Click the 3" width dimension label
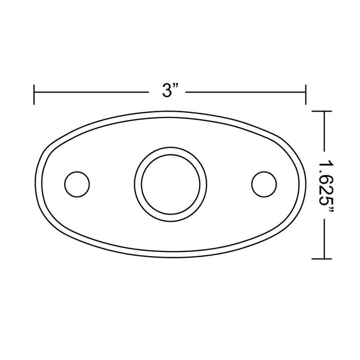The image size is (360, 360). coord(169,92)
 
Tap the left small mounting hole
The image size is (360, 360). coord(77,183)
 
